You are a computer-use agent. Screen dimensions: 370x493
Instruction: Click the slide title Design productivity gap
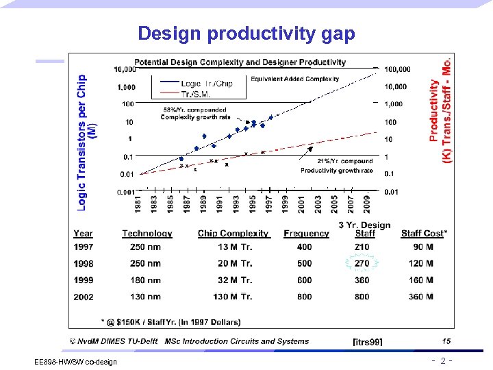[x=246, y=34]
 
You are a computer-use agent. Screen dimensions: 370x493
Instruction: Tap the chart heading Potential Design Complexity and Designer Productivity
[x=240, y=62]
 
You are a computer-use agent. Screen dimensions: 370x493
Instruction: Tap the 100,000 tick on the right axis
[x=397, y=69]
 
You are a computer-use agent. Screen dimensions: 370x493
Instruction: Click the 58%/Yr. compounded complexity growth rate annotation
[x=193, y=113]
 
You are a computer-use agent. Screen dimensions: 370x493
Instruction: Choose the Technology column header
[x=147, y=234]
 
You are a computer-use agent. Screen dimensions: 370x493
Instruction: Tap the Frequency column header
[x=306, y=234]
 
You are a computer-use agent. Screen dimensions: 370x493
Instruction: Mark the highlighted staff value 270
[x=362, y=263]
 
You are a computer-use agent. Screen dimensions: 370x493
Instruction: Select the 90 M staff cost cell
[x=420, y=247]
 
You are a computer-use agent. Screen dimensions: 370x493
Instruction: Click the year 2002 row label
[x=84, y=296]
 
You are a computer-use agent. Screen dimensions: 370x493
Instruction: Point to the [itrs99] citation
[x=367, y=341]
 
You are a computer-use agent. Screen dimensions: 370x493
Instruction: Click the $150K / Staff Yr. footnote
[x=170, y=321]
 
